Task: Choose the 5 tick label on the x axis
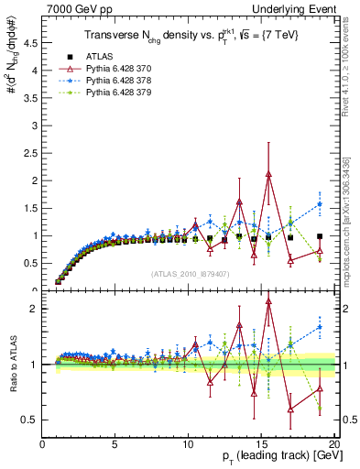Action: (115, 444)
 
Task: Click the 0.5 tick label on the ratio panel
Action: (30, 420)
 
